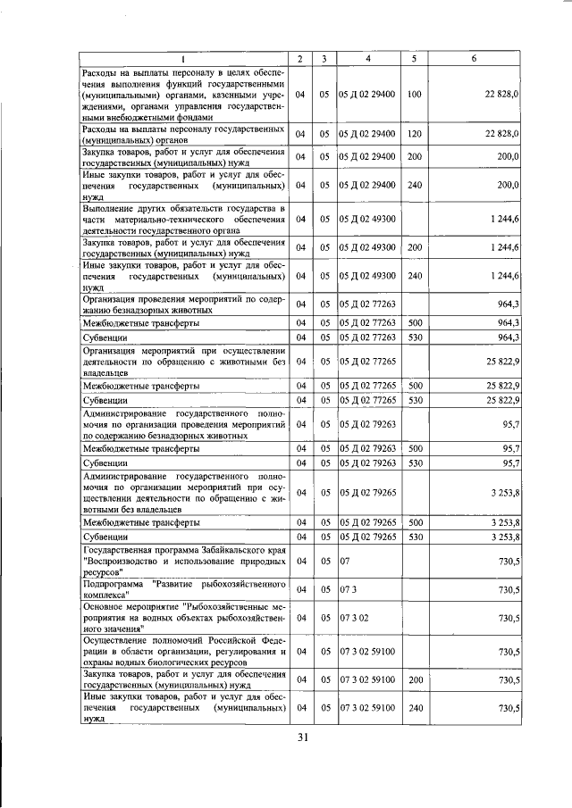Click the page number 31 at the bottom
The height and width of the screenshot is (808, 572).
tap(302, 737)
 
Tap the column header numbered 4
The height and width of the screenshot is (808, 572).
tap(368, 59)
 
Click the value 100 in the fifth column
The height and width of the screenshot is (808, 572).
tap(414, 94)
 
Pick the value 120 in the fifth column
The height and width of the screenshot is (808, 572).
tap(414, 133)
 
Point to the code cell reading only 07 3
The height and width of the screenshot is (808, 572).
tap(347, 590)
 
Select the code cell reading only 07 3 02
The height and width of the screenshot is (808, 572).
tap(352, 617)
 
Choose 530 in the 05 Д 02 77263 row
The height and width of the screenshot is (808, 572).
tap(414, 338)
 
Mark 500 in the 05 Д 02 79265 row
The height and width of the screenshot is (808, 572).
tap(414, 521)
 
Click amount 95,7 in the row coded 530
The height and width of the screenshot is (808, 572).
tap(509, 464)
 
